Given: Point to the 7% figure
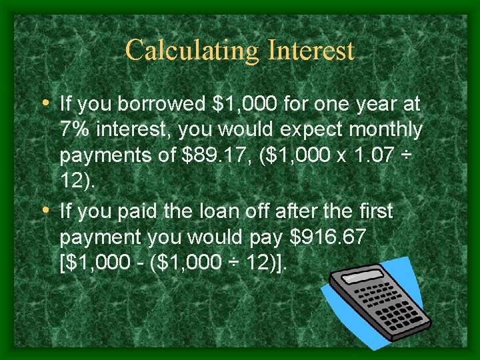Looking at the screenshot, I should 73,129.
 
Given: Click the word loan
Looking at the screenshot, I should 241,212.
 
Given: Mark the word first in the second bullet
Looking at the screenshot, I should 371,212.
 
